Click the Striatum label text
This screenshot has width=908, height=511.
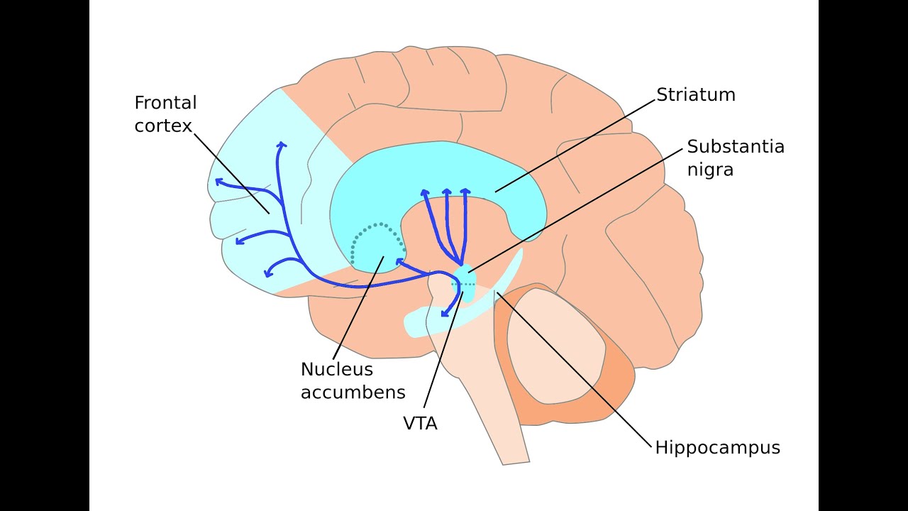pyautogui.click(x=695, y=95)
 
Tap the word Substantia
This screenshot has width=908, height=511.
pyautogui.click(x=736, y=147)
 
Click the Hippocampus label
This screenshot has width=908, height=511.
pyautogui.click(x=717, y=448)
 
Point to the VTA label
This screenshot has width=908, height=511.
pyautogui.click(x=420, y=424)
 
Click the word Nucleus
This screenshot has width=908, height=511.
pyautogui.click(x=336, y=370)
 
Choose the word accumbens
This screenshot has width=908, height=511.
pyautogui.click(x=353, y=392)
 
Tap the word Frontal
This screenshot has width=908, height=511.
pyautogui.click(x=165, y=103)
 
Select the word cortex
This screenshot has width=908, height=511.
pyautogui.click(x=163, y=126)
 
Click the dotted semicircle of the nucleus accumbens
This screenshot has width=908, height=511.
pyautogui.click(x=377, y=227)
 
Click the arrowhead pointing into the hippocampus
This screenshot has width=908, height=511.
pyautogui.click(x=445, y=313)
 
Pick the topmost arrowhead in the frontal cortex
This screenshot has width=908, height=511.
pyautogui.click(x=281, y=145)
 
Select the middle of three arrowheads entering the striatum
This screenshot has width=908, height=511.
pyautogui.click(x=447, y=192)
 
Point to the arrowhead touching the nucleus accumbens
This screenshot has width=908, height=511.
pyautogui.click(x=401, y=263)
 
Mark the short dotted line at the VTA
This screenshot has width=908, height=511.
pyautogui.click(x=464, y=284)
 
